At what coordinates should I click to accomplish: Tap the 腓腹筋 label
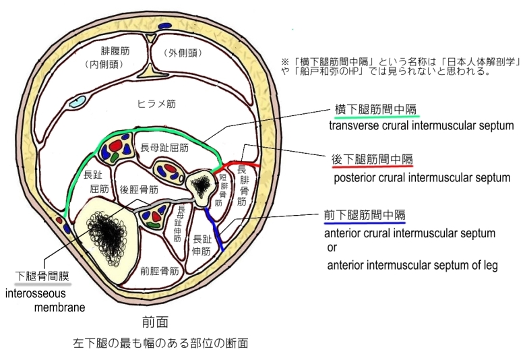click(x=115, y=51)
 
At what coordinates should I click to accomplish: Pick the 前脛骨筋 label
click(x=159, y=271)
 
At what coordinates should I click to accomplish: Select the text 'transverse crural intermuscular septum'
click(x=421, y=125)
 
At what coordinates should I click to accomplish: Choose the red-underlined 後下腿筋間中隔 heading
click(x=372, y=160)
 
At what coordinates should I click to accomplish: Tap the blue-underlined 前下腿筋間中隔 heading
click(x=365, y=216)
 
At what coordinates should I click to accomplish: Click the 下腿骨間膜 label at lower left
click(x=41, y=276)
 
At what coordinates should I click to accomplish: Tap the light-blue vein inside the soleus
click(x=79, y=102)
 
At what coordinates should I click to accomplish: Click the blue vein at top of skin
click(x=164, y=26)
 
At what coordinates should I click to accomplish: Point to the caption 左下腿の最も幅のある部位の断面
click(x=160, y=343)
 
